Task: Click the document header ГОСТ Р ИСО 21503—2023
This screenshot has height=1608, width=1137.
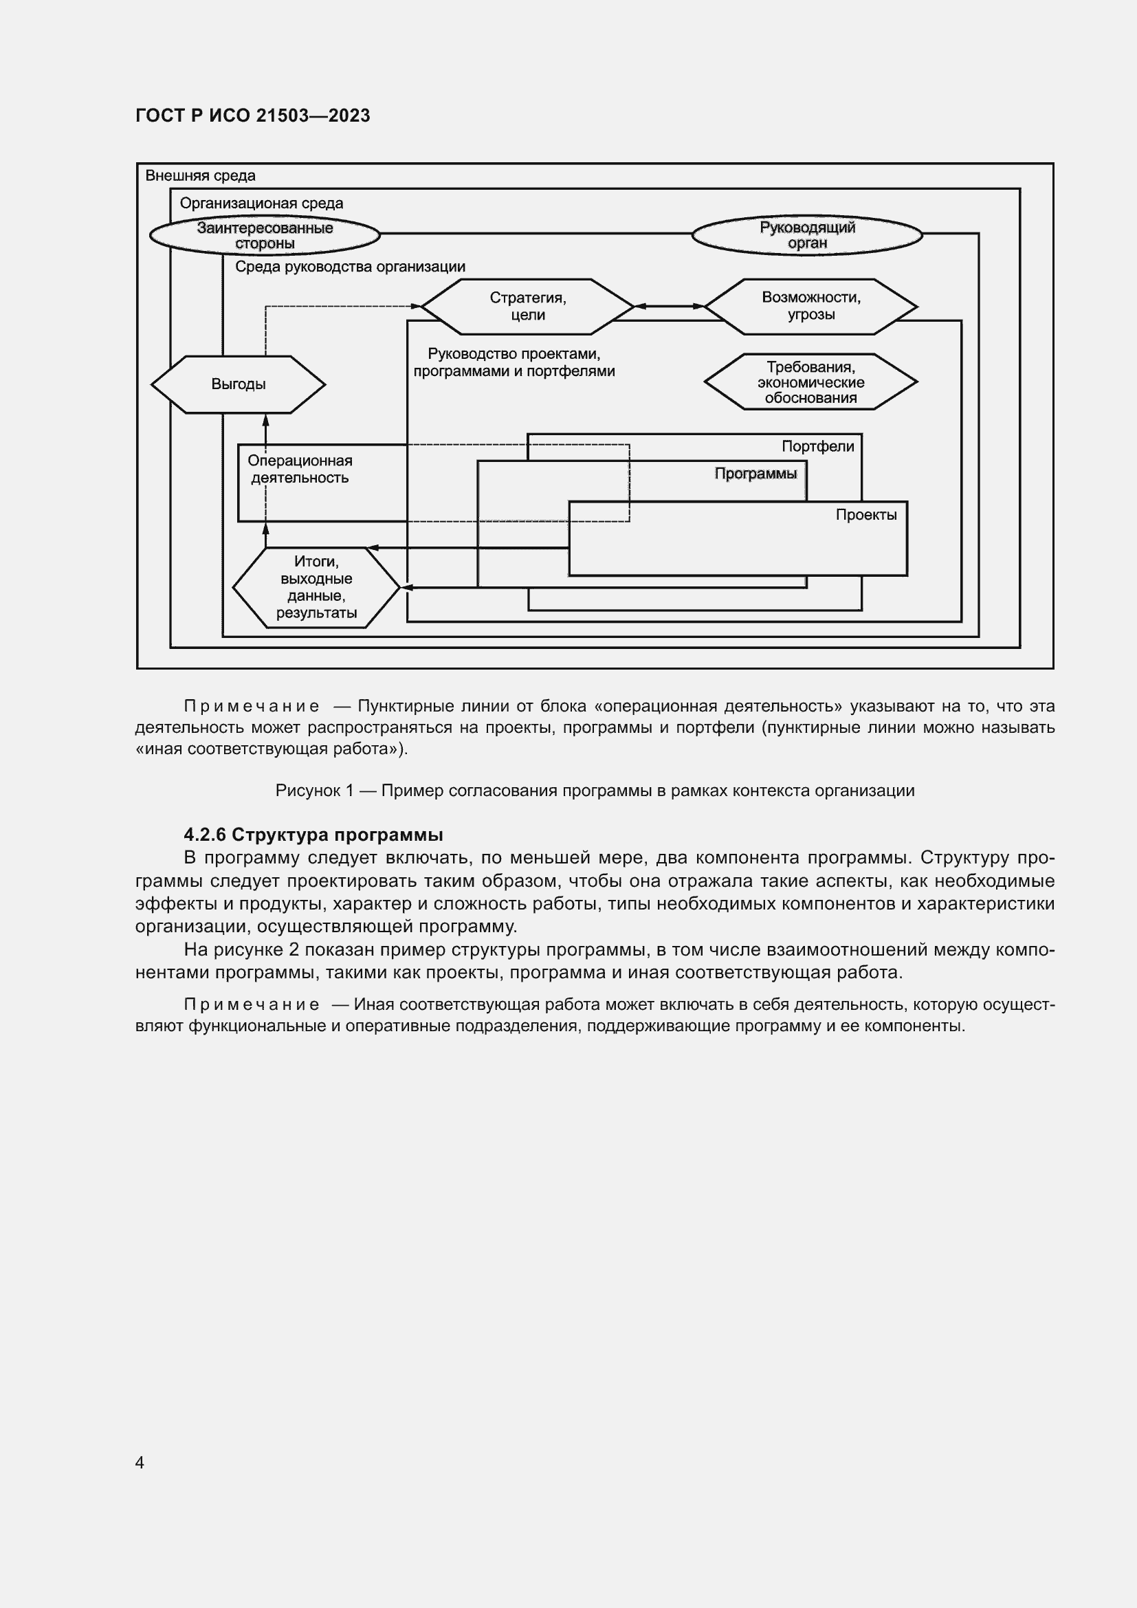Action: click(253, 115)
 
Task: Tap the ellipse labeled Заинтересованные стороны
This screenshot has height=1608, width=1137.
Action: click(265, 235)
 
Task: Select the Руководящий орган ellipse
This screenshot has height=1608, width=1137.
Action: click(806, 235)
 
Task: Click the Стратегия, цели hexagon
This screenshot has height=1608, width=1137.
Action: click(527, 307)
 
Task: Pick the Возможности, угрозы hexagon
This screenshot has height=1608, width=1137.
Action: click(810, 306)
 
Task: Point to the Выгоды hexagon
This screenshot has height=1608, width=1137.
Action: click(238, 384)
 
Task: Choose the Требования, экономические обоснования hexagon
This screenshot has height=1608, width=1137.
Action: click(810, 382)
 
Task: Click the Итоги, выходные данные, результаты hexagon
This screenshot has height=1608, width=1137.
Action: click(316, 588)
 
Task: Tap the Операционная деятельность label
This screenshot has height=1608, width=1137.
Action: click(300, 470)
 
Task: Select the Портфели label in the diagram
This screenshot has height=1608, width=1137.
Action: click(818, 447)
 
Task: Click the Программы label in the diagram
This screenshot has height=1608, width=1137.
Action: click(755, 474)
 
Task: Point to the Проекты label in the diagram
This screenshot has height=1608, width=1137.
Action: click(866, 516)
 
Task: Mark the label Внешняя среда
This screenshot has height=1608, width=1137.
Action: click(200, 176)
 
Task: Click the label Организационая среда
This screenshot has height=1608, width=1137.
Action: click(261, 203)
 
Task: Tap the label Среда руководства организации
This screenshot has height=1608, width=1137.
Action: click(350, 267)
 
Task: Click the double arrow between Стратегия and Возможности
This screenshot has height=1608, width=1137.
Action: click(669, 306)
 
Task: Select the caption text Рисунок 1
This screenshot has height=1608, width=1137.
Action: click(595, 791)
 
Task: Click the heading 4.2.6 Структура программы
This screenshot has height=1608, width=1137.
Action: click(313, 835)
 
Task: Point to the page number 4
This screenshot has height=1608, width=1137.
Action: click(140, 1462)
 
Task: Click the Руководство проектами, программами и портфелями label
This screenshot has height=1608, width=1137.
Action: click(514, 363)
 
